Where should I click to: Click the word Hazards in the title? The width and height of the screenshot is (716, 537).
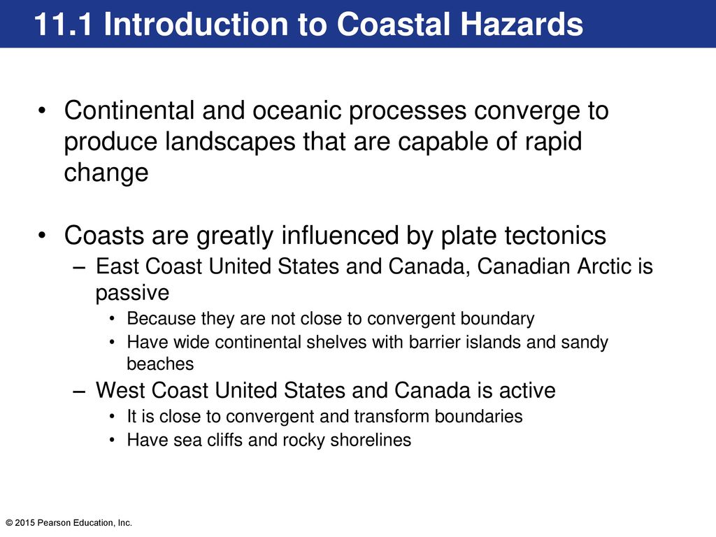click(522, 24)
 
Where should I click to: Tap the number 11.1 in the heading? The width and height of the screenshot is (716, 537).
click(62, 24)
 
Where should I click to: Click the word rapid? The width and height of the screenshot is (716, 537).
click(553, 141)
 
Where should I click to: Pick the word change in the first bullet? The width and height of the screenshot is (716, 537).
click(106, 173)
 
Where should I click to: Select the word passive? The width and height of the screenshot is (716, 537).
click(132, 293)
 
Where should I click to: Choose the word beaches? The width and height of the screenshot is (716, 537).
click(160, 364)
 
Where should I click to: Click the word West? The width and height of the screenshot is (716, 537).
click(120, 390)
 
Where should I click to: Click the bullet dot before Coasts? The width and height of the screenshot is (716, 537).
click(42, 236)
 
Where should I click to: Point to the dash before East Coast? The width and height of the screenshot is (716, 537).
click(79, 267)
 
